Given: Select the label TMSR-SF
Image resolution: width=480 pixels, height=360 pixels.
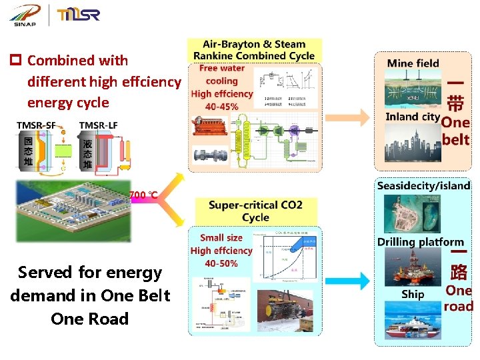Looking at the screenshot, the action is [36, 126].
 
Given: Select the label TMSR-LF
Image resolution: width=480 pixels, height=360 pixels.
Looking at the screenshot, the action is [99, 126].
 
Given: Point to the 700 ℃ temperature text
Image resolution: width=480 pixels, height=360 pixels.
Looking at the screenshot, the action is [143, 195].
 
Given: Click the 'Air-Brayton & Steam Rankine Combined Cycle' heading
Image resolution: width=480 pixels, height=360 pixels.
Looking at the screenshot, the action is [254, 50].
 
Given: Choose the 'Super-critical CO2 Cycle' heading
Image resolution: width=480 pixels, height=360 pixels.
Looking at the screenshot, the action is [255, 211].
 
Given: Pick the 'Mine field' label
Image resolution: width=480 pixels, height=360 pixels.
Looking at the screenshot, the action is [413, 63].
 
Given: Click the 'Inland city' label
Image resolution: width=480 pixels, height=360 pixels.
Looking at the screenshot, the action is [413, 117].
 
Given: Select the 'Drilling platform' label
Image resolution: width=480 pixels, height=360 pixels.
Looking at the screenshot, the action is [420, 242].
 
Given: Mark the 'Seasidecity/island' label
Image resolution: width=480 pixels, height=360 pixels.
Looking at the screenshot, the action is [423, 186].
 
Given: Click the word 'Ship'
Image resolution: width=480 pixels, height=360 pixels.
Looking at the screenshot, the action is [413, 294].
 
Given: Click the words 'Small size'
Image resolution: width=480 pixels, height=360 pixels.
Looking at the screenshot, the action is [221, 237].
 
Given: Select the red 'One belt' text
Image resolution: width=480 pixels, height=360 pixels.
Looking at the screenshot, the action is [456, 131].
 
